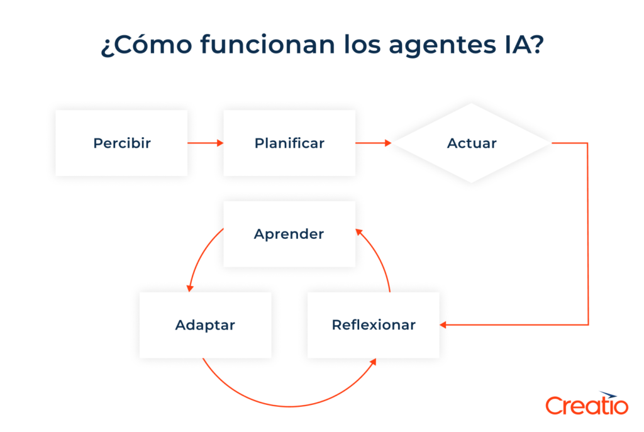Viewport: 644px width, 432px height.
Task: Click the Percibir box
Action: click(x=121, y=143)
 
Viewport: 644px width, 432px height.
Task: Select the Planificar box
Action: click(x=289, y=143)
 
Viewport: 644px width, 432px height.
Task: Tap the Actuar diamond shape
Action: click(x=472, y=143)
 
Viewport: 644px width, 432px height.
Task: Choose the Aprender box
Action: click(x=289, y=234)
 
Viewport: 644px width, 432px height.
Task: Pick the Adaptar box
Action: click(x=205, y=325)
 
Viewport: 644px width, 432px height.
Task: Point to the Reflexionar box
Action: click(x=374, y=325)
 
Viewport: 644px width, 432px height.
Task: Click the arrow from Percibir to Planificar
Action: click(x=205, y=143)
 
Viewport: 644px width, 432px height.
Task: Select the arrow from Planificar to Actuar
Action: click(x=373, y=143)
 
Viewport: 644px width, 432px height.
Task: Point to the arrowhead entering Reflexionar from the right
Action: click(x=443, y=325)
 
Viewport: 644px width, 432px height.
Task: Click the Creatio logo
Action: click(x=586, y=404)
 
